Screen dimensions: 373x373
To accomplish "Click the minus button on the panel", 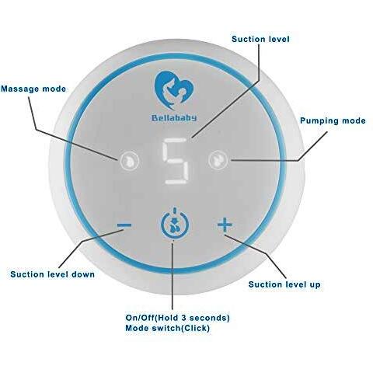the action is click(124, 225).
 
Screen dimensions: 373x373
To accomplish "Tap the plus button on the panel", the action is click(225, 225).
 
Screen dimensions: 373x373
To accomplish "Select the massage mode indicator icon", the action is click(130, 161).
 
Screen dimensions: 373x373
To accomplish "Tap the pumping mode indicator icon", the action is click(218, 160).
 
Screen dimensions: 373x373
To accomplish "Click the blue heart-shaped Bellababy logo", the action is click(175, 90).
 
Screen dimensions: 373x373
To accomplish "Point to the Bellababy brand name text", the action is click(174, 118).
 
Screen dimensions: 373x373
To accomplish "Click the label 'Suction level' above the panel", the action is click(260, 39).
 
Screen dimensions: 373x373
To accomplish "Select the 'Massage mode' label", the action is click(33, 89).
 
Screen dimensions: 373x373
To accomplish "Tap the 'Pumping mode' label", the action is click(333, 120).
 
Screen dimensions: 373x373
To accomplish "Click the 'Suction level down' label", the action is click(53, 274).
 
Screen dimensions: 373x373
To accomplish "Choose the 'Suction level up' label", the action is click(284, 284).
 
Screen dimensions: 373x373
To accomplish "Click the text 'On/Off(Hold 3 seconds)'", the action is click(177, 318).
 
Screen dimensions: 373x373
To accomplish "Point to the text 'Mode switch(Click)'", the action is click(167, 328).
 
